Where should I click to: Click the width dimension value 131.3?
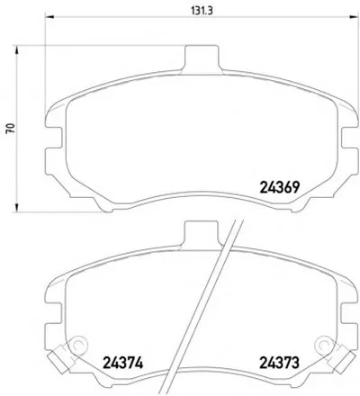(x=202, y=11)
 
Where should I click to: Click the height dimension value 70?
(x=12, y=129)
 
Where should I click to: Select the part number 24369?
(x=279, y=188)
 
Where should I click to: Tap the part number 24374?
(x=122, y=363)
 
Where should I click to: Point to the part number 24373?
(x=279, y=363)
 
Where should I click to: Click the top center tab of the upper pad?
(x=201, y=59)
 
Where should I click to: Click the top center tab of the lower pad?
(x=201, y=235)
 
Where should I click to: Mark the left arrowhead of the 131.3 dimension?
(x=49, y=17)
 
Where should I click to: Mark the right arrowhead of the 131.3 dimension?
(x=355, y=17)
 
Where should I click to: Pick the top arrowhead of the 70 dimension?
(x=17, y=50)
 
